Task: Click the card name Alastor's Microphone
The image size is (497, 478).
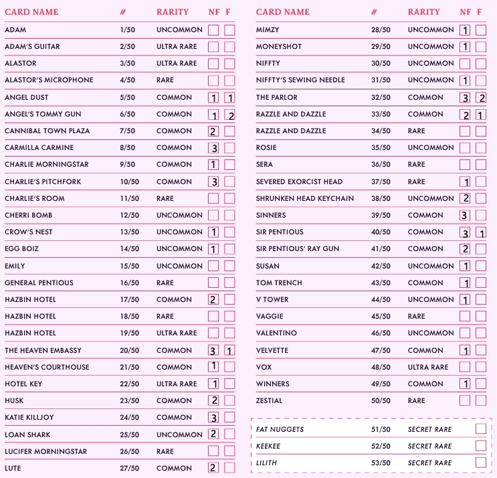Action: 49,80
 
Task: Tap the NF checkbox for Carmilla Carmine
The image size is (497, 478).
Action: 213,148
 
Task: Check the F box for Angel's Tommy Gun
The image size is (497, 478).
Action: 229,114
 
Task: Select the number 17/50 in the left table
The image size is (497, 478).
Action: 130,300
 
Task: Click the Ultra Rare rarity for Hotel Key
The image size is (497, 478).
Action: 177,384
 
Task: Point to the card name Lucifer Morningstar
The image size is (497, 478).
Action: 45,452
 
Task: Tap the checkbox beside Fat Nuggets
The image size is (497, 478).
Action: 480,429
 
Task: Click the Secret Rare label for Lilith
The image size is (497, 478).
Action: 429,463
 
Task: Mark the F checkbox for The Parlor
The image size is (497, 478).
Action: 481,98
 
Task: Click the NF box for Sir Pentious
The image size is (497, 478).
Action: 465,232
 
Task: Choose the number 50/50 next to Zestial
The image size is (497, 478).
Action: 381,401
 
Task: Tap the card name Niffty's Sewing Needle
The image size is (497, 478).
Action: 300,80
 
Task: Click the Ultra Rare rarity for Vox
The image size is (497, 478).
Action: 428,368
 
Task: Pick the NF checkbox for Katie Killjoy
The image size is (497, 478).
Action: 213,418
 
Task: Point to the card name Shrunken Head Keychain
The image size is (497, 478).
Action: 305,199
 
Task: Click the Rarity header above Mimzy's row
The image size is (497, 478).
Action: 424,12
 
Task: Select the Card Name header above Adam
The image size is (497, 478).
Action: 31,12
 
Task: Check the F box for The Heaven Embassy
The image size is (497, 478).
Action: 229,350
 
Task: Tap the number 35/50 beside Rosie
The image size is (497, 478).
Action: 381,148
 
